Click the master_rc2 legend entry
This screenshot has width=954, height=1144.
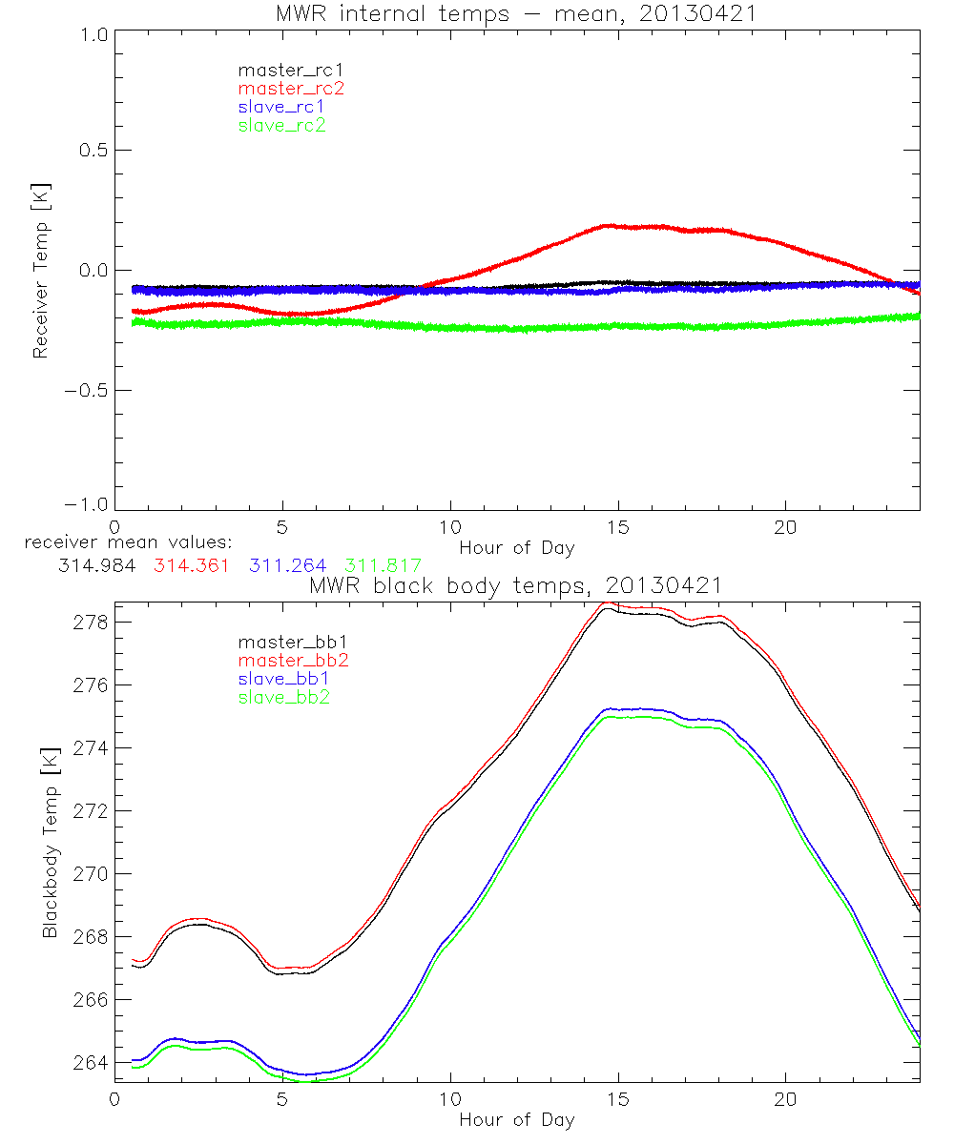(x=291, y=88)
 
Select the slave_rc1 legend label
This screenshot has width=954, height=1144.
(x=283, y=106)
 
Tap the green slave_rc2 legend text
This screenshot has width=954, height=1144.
(x=283, y=125)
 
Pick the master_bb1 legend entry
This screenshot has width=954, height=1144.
(x=291, y=642)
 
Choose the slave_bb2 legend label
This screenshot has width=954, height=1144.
(x=284, y=698)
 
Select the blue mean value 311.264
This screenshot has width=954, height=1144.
(x=287, y=564)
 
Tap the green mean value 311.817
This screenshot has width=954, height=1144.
(x=383, y=564)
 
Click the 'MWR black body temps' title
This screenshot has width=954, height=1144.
(x=516, y=584)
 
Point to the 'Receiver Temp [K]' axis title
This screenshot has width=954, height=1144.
(x=41, y=271)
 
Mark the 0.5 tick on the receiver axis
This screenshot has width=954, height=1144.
(x=91, y=151)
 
